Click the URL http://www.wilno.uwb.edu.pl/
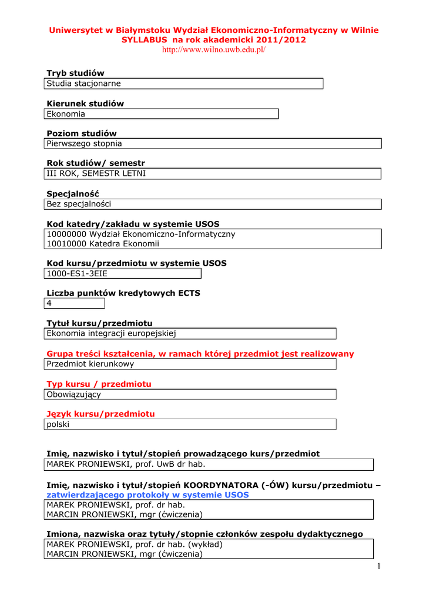(x=213, y=50)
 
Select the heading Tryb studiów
(x=75, y=73)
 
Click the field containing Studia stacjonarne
(x=184, y=83)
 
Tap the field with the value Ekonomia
(x=161, y=113)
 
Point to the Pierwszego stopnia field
(x=213, y=143)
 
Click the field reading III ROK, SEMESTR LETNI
(x=213, y=173)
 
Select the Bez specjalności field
(x=213, y=204)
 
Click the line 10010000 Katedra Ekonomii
(x=103, y=244)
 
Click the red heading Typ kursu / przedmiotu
(x=99, y=384)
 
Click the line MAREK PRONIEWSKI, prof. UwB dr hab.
(x=126, y=464)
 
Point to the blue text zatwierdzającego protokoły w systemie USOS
(x=147, y=495)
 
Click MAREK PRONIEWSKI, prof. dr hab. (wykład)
(x=135, y=544)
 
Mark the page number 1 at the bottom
(x=380, y=566)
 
